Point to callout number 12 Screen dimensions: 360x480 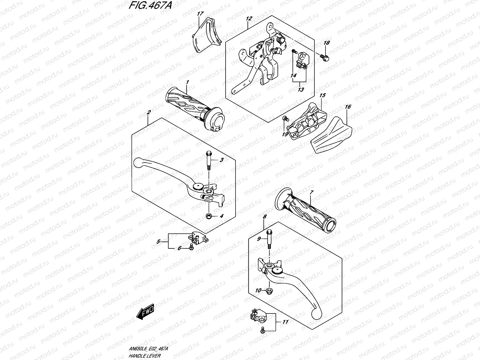pos(249,19)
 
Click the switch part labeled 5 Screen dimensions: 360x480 pos(197,238)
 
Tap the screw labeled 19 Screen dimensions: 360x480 pos(285,119)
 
